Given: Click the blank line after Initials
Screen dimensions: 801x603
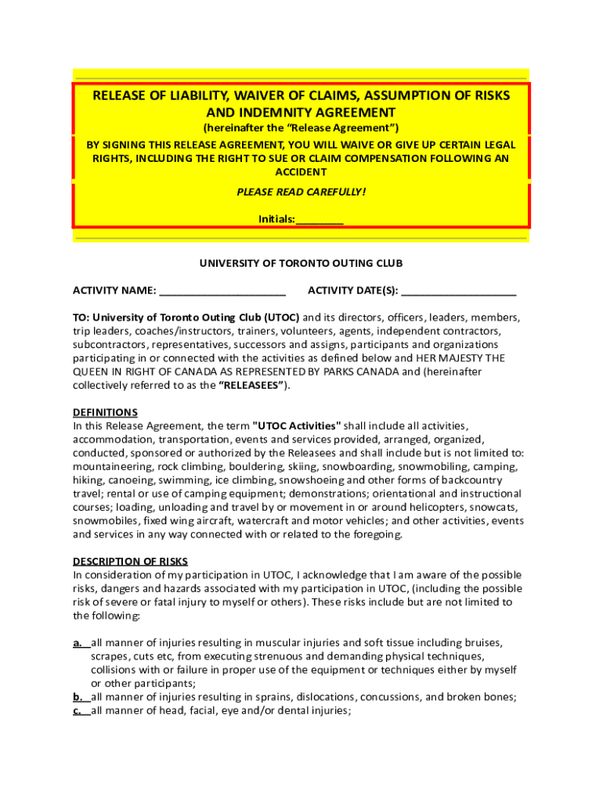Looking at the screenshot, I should point(320,220).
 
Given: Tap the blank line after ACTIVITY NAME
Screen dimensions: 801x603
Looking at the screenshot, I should point(222,291).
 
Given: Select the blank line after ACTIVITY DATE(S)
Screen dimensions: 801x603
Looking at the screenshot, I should point(459,291).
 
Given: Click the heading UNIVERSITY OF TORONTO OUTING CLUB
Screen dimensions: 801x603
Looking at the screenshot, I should point(301,264).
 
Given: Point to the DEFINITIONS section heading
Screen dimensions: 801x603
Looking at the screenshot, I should point(105,412).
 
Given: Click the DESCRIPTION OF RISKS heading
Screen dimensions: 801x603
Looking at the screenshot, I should point(130,561).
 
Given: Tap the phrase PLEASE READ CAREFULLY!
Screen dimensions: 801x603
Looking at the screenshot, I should point(301,192).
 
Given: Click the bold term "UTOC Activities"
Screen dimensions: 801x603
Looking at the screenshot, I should point(297,426).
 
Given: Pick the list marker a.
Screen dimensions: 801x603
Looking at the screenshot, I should point(78,642).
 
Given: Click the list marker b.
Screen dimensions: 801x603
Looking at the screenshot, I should point(78,697).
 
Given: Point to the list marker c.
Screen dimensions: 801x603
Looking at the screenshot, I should point(78,711).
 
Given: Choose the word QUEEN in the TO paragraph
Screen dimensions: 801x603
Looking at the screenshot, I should point(92,372).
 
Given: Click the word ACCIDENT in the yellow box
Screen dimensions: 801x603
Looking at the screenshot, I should point(301,172).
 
